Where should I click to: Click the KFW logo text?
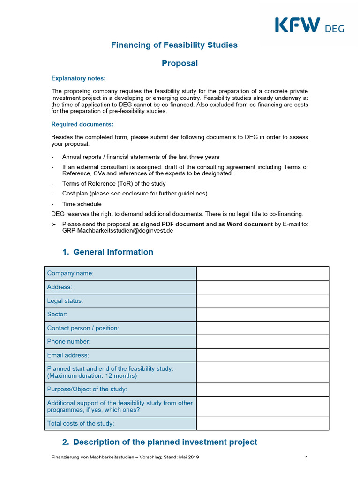tap(297, 25)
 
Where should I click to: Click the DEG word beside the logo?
tap(334, 29)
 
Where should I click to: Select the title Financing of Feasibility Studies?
tap(174, 45)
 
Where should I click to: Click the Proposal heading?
tap(180, 63)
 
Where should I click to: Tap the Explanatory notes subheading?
tap(78, 78)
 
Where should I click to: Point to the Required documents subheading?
tap(82, 124)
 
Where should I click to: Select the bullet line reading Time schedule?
tap(82, 204)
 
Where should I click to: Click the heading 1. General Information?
tap(107, 252)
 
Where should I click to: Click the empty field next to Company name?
tap(262, 273)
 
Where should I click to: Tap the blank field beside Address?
tap(262, 287)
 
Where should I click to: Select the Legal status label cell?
tap(120, 300)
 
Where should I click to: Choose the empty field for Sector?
tap(262, 314)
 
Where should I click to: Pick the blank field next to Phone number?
tap(262, 342)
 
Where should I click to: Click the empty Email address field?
tap(262, 355)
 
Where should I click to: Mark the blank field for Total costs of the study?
tap(262, 423)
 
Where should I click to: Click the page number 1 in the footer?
tap(306, 458)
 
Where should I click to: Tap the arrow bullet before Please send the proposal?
tap(53, 224)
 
